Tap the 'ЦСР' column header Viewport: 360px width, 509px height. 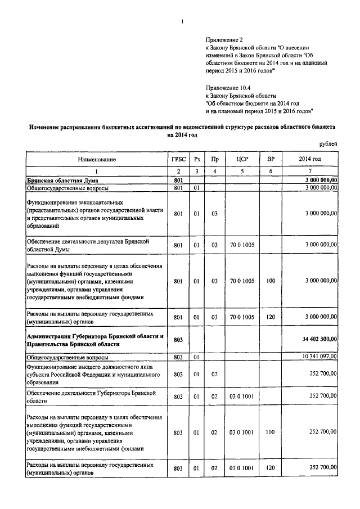(x=242, y=159)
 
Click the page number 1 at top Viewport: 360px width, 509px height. (x=182, y=22)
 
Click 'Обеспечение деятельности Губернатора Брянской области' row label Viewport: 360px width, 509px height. (x=90, y=396)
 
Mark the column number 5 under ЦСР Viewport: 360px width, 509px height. (x=242, y=171)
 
